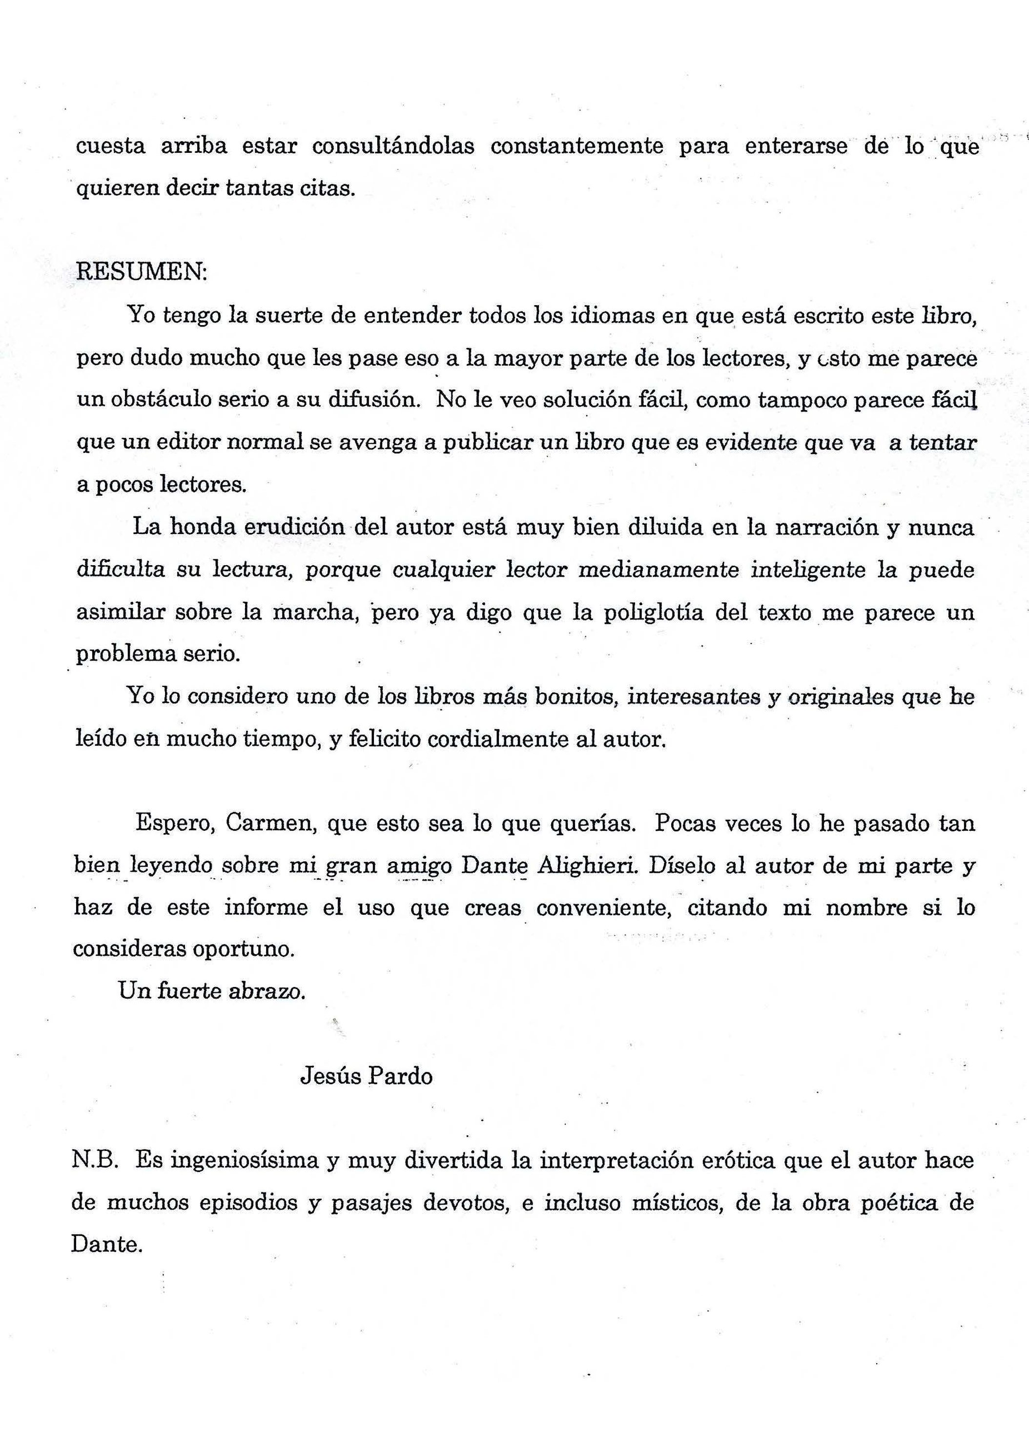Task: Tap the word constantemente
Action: tap(577, 146)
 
